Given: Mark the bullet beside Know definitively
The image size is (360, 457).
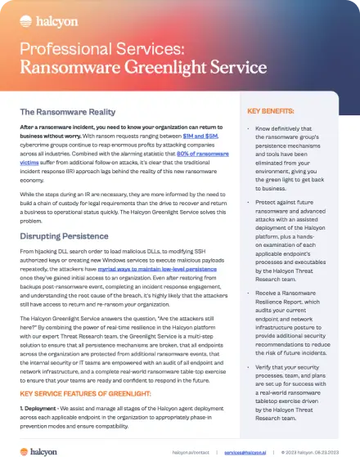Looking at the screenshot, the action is (249, 130).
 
